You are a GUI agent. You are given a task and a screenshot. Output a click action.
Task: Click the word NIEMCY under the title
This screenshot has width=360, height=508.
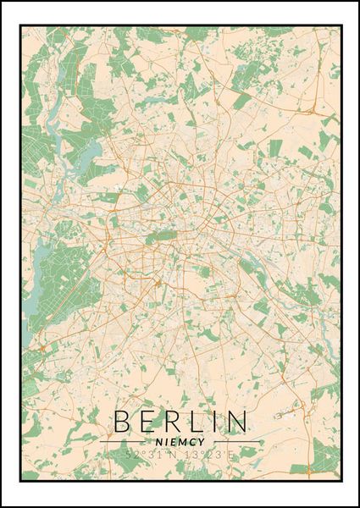tap(180, 440)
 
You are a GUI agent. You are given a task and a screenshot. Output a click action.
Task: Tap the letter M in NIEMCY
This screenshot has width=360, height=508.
tap(183, 440)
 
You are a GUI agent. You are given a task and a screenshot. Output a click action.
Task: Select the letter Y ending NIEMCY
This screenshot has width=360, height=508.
tap(203, 440)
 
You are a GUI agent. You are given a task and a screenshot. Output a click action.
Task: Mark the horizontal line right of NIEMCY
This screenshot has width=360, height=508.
tap(236, 441)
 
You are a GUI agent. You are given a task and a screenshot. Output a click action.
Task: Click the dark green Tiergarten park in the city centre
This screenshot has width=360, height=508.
tap(157, 238)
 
